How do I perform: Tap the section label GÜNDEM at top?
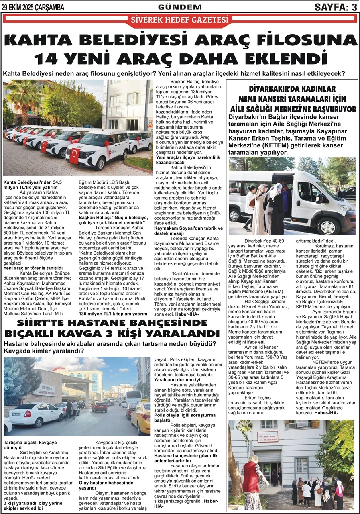pyautogui.click(x=180, y=7)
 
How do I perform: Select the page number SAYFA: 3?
pyautogui.click(x=335, y=7)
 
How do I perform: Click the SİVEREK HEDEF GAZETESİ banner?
pyautogui.click(x=180, y=20)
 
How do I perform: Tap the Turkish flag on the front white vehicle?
pyautogui.click(x=74, y=155)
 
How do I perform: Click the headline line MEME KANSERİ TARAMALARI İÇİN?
pyautogui.click(x=292, y=99)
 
